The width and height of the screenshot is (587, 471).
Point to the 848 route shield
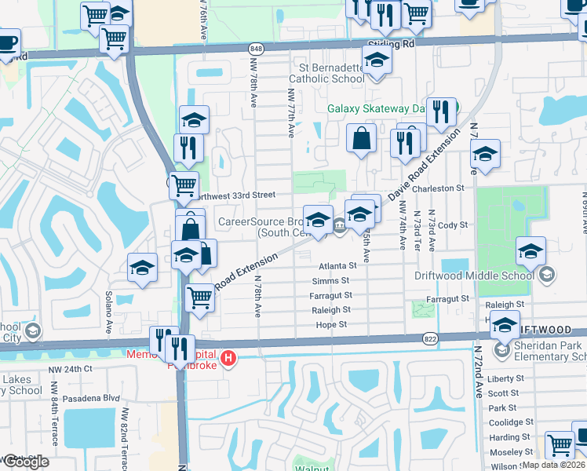pos(257,48)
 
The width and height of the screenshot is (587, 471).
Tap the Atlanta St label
pos(337,265)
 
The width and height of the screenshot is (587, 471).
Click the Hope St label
pos(331,324)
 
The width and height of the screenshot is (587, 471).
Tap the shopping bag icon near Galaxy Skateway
pos(360,138)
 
